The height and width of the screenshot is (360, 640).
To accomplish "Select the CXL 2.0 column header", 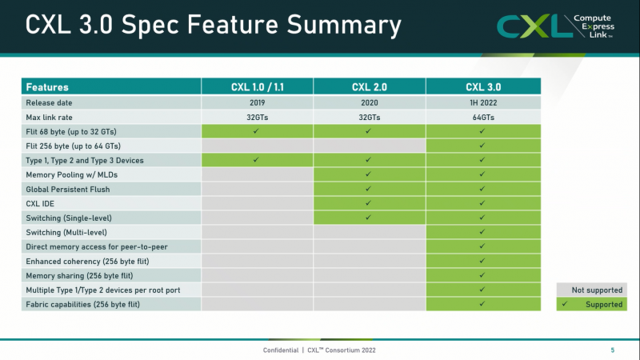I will (x=369, y=87).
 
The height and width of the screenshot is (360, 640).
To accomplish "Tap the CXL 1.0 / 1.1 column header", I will (x=257, y=87).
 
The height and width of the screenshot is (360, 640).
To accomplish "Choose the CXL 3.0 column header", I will (x=482, y=87).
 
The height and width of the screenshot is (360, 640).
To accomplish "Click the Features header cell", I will (x=110, y=87).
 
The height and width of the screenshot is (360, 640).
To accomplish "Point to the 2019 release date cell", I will (x=257, y=102).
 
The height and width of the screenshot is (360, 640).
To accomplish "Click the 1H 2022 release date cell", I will (x=482, y=102).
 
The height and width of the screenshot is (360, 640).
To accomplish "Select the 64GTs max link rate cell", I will (x=482, y=117).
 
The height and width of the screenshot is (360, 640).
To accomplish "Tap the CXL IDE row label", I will (x=42, y=203).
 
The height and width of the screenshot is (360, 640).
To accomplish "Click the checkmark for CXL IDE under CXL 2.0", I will (x=369, y=203).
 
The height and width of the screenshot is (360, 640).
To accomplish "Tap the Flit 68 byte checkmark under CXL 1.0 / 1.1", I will (x=257, y=131).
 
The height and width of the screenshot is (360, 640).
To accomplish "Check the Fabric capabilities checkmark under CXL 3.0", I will (x=482, y=304).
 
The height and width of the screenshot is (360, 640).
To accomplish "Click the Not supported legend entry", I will (x=590, y=290).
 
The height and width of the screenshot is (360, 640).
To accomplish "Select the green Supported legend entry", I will (x=590, y=304).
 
